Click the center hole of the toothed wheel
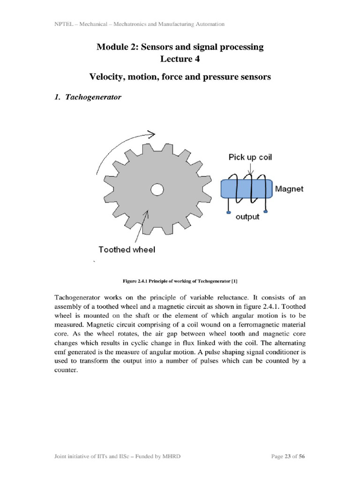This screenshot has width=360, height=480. click(x=157, y=189)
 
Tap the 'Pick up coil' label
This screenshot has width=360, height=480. click(x=250, y=157)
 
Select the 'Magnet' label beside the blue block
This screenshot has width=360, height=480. click(x=289, y=189)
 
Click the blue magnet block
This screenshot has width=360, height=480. click(x=247, y=189)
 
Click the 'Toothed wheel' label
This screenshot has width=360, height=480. click(x=127, y=249)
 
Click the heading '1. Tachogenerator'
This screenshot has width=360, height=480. click(x=88, y=97)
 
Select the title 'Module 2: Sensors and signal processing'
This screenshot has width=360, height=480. click(x=180, y=47)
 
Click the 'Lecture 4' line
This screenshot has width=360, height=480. click(x=180, y=59)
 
